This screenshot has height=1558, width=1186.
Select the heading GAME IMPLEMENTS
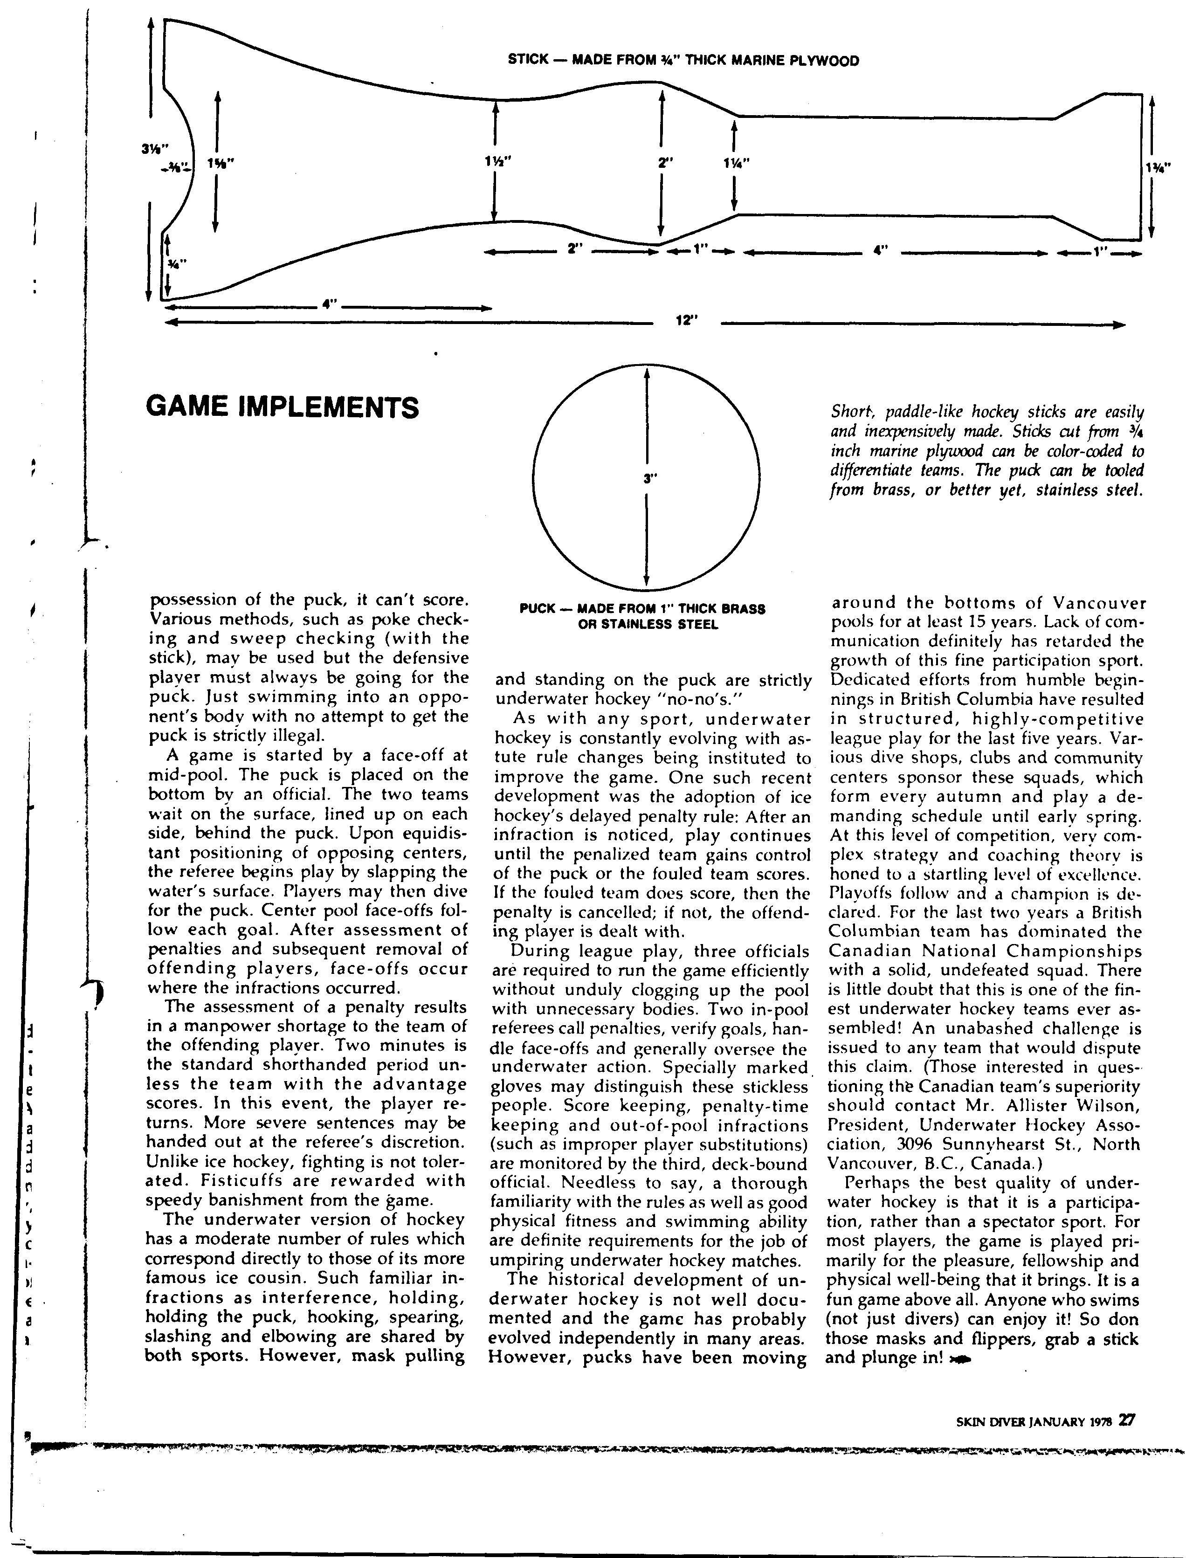(x=282, y=407)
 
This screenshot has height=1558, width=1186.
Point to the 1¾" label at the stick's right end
(x=1160, y=167)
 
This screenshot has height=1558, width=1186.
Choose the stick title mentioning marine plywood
(x=683, y=61)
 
